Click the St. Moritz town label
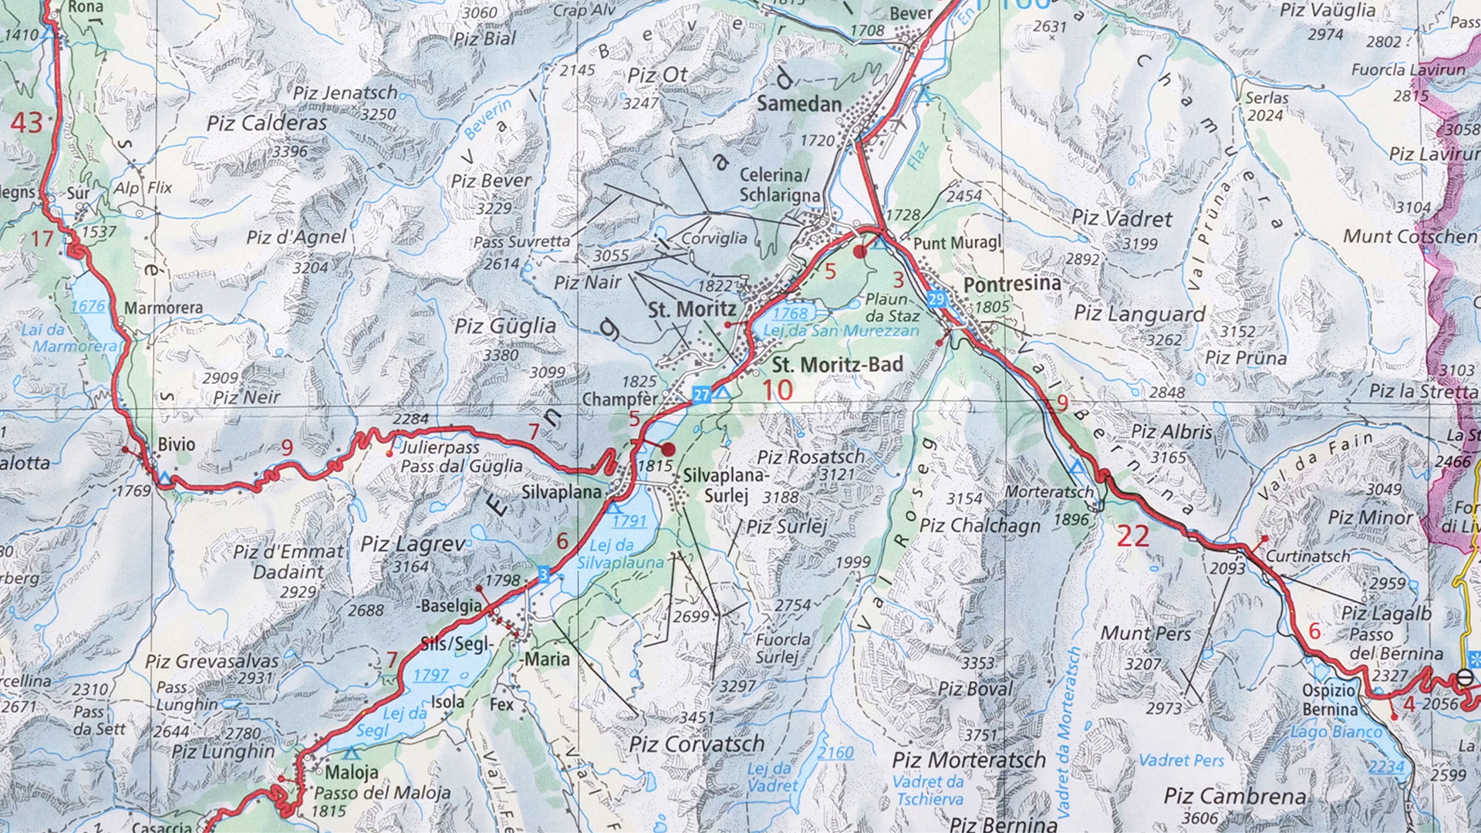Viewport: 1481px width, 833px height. (x=692, y=310)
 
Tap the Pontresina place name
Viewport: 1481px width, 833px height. (x=1012, y=285)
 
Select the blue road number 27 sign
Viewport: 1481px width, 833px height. (x=700, y=394)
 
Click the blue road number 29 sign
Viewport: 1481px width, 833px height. (x=937, y=298)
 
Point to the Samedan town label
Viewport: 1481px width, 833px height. (x=799, y=103)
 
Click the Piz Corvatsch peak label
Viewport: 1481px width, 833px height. (x=697, y=744)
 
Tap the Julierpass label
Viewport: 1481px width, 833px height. (x=440, y=447)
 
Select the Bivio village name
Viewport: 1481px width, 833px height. (x=177, y=444)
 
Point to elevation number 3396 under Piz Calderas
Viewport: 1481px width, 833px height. (x=289, y=151)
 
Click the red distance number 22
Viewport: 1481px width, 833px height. (x=1132, y=536)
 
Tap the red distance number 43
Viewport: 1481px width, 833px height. (x=26, y=123)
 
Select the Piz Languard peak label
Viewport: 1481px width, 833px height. (x=1139, y=314)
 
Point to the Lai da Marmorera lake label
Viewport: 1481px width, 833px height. (x=75, y=338)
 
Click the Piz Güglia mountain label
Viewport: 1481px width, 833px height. (x=504, y=325)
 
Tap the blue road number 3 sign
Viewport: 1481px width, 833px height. (x=544, y=574)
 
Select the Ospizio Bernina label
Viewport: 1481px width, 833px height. (x=1330, y=700)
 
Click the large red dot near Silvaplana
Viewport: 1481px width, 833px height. (x=668, y=449)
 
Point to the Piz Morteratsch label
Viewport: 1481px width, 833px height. (x=969, y=760)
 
